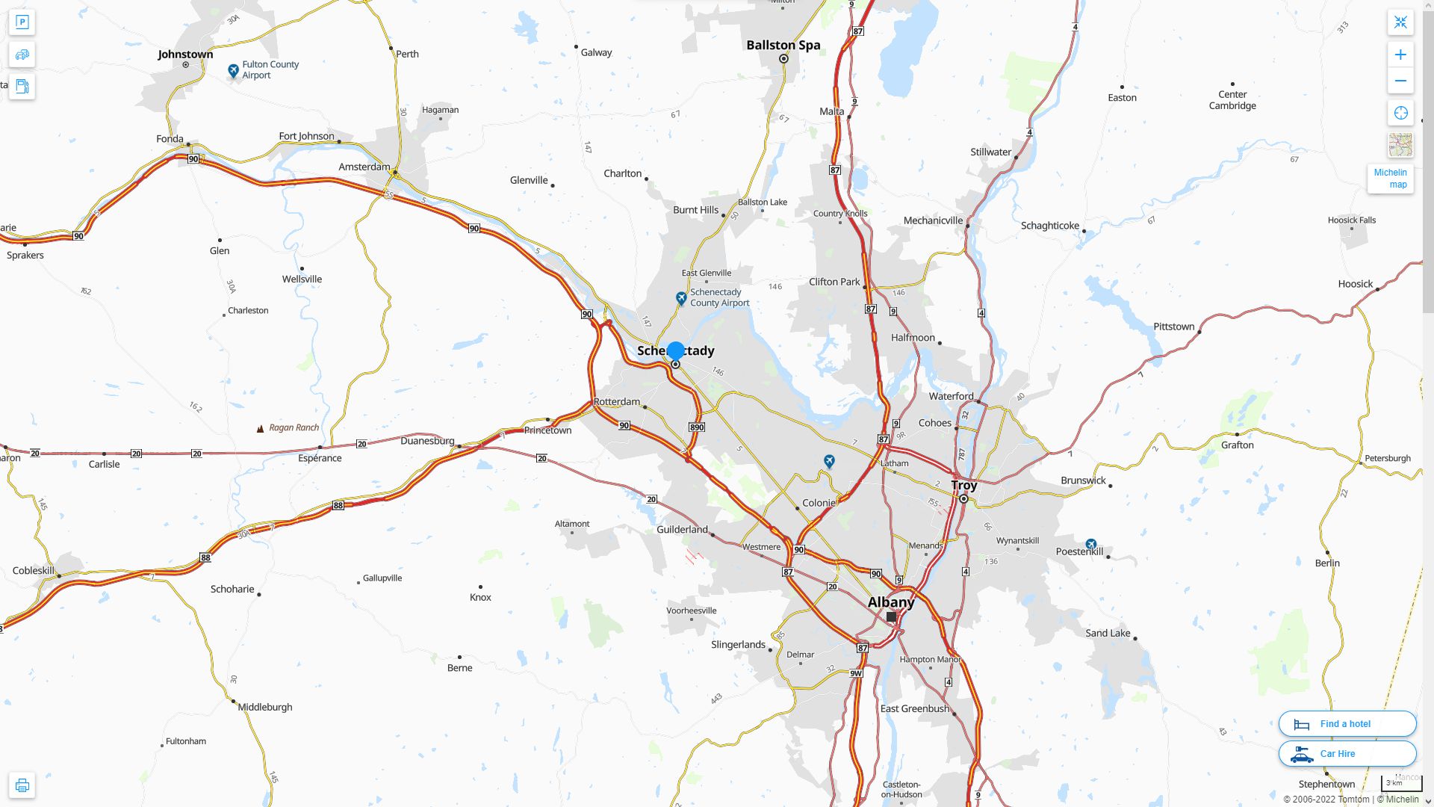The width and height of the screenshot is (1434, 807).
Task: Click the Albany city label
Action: [890, 602]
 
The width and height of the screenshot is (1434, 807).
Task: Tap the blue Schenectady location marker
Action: [675, 350]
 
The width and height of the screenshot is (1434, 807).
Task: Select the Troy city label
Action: [963, 485]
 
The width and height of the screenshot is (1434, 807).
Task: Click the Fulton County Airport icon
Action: [234, 70]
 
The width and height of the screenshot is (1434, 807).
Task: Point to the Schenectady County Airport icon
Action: [681, 298]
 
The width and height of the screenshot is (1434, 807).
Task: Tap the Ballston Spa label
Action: [783, 45]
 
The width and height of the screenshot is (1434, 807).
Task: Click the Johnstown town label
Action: [185, 54]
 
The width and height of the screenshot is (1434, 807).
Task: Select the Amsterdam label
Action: [364, 167]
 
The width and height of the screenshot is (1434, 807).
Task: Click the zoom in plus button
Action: [1400, 55]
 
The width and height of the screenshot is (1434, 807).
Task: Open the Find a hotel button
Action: [1347, 723]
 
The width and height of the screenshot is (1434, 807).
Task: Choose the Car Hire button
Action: [1347, 753]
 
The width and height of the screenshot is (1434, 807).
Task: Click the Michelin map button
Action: [1390, 179]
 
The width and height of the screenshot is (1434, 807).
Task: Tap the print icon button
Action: [22, 785]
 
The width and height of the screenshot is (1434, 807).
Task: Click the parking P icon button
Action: [22, 22]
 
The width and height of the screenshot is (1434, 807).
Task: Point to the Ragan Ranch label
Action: [294, 427]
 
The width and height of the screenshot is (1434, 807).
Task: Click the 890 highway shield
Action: [696, 427]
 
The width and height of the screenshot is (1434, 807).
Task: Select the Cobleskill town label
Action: [34, 570]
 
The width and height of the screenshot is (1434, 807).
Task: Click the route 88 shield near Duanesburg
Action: [338, 506]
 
